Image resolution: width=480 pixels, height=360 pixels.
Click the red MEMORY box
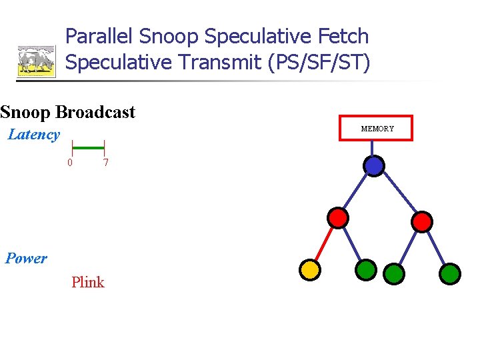point(377,128)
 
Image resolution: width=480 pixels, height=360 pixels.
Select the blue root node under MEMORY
point(375,165)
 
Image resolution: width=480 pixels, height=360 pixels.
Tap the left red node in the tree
point(339,217)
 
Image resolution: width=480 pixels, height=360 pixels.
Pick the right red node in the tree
point(422,221)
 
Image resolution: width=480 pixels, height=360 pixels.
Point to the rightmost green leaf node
point(451,273)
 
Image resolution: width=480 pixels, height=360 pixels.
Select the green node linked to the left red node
point(366,269)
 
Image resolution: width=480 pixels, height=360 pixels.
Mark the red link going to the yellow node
point(324,243)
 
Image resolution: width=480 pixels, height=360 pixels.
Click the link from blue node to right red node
point(399,193)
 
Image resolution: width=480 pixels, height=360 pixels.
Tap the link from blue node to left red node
point(357,191)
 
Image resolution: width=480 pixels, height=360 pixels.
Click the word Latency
point(33,135)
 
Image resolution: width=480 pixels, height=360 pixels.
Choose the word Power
point(26,259)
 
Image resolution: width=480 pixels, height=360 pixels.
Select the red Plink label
point(88,282)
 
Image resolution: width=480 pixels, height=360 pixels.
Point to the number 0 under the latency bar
point(70,163)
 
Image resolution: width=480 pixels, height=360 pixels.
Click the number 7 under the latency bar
point(105,163)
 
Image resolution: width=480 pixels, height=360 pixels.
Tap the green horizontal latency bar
point(88,147)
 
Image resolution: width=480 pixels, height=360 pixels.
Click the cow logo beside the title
point(36,61)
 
